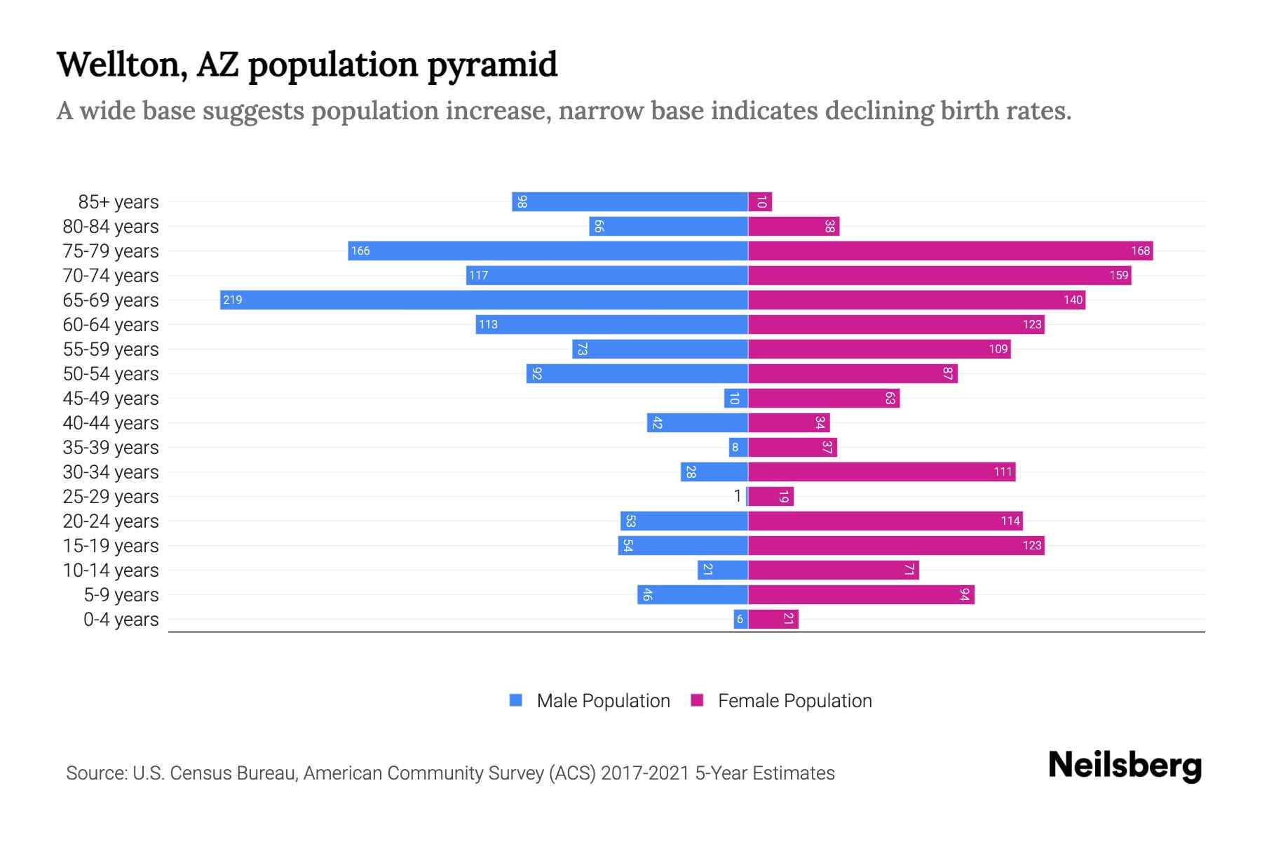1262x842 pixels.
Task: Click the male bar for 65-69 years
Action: point(484,300)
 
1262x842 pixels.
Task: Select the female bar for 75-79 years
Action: point(950,250)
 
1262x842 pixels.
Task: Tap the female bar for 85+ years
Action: point(760,202)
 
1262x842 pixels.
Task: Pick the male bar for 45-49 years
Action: point(735,399)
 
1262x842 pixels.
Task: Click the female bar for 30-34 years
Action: point(881,472)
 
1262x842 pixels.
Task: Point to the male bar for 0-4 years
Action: point(740,620)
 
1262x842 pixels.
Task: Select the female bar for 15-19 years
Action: point(896,546)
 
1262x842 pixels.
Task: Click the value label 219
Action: point(232,300)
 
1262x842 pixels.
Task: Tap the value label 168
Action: point(1140,251)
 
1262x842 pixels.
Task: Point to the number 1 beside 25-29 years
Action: point(737,497)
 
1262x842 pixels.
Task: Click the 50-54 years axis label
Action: point(111,374)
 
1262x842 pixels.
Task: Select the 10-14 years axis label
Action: point(111,570)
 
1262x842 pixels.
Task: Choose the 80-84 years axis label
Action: point(111,227)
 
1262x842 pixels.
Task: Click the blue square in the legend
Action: point(516,700)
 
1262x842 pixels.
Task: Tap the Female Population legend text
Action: point(794,701)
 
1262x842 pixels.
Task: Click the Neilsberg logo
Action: point(1125,766)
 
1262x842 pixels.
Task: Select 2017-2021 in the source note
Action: point(645,773)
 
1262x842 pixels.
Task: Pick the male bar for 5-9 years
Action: point(692,595)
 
